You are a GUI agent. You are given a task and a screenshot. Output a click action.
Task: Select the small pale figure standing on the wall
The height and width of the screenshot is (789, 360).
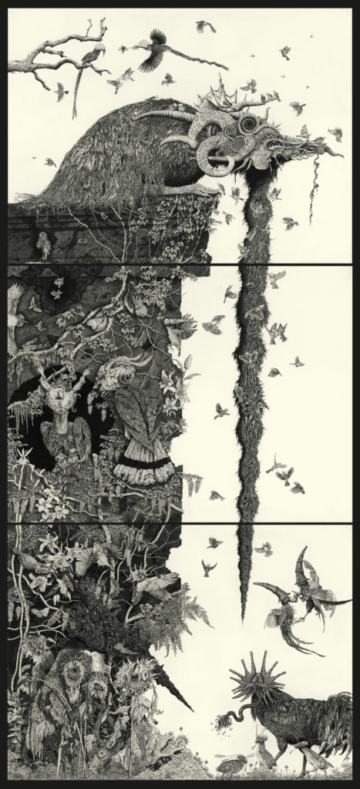(45, 245)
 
